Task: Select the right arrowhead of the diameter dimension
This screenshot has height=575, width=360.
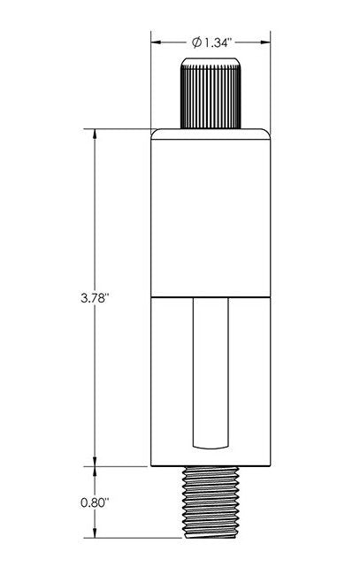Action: click(x=265, y=42)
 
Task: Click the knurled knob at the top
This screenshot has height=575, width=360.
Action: click(x=210, y=93)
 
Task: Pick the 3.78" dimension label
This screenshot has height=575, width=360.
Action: click(x=92, y=299)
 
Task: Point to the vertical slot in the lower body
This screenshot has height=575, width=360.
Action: click(x=210, y=372)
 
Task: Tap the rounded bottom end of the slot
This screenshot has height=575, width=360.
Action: click(x=210, y=443)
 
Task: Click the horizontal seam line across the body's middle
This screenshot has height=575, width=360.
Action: click(x=210, y=294)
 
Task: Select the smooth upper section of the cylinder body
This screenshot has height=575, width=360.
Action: click(x=210, y=212)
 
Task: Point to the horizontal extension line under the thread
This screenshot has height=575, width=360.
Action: click(x=133, y=538)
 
